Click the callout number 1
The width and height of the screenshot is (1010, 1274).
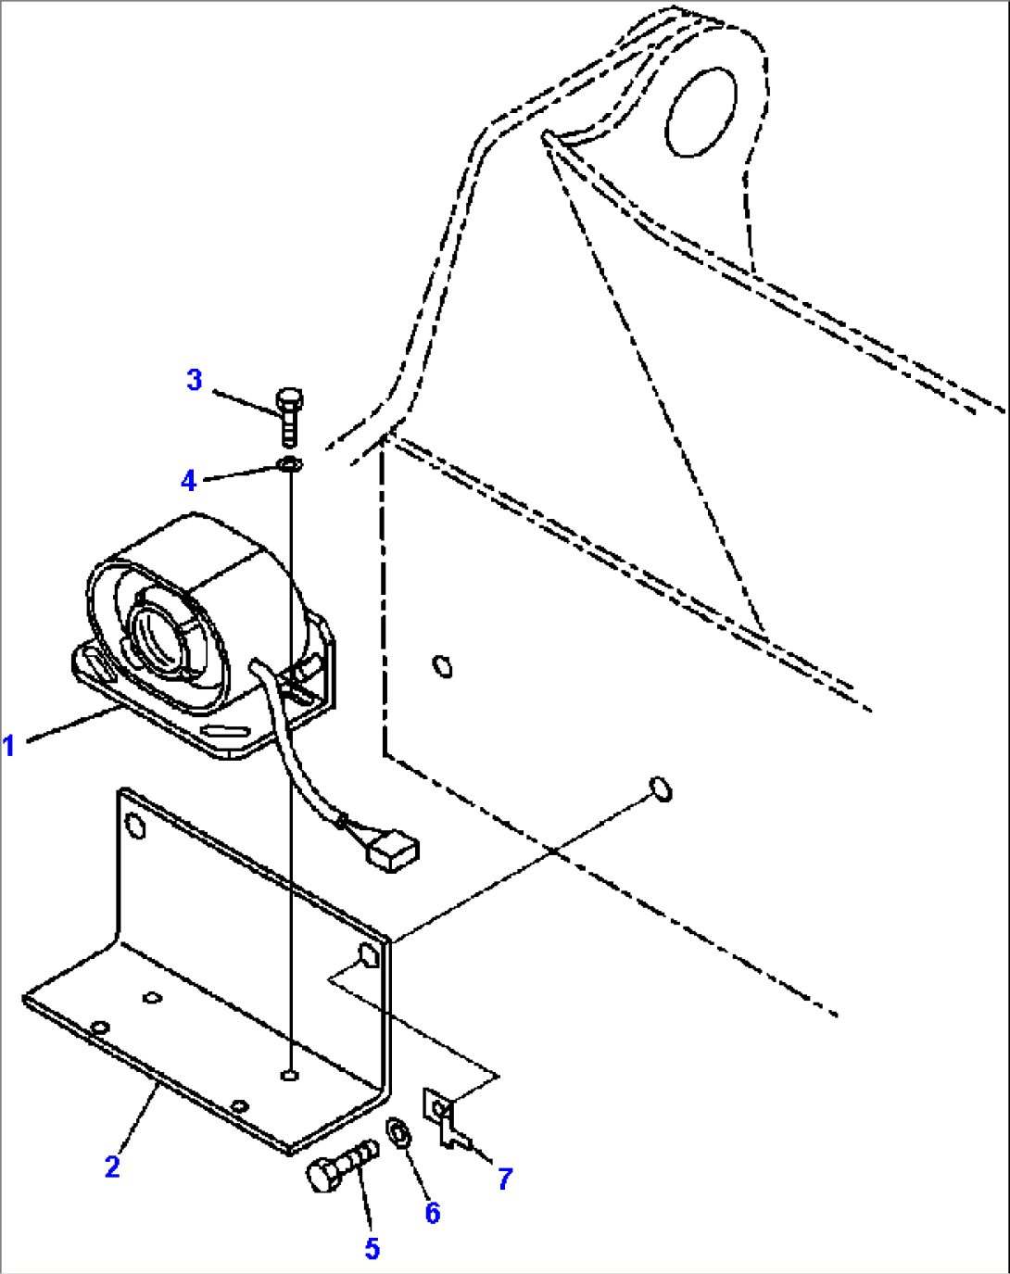9,744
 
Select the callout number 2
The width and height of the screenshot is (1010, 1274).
112,1167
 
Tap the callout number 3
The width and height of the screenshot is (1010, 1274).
195,380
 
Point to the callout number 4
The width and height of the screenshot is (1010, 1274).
189,480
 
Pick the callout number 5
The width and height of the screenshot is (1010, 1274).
372,1248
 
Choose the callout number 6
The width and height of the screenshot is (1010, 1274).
433,1213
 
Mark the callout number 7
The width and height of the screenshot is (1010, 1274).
505,1179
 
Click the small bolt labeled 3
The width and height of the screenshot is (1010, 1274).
287,415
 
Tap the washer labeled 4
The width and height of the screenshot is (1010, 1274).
289,463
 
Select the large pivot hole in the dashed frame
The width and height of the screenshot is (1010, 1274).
701,110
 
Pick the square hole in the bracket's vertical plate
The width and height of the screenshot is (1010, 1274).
368,956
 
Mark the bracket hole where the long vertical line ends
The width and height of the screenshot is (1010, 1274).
290,1075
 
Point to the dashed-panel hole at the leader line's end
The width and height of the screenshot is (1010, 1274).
661,788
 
